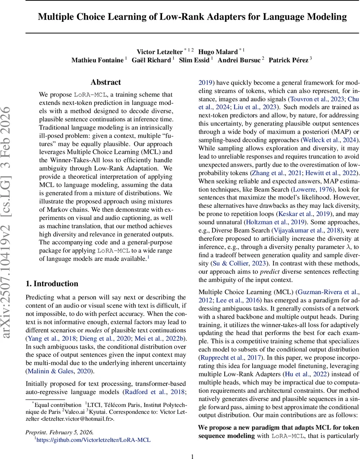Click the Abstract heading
point(106,82)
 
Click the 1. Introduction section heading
point(52,283)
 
